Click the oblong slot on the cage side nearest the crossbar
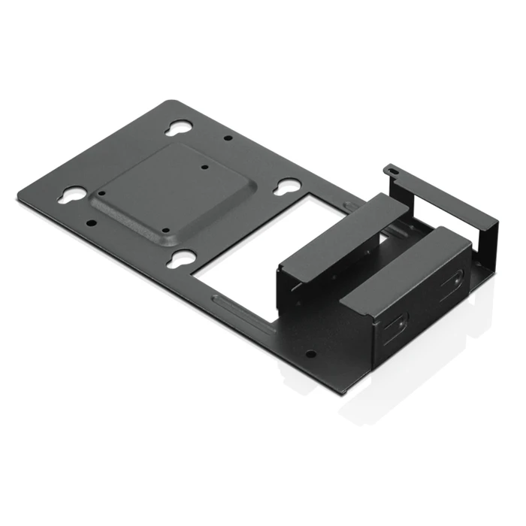pyautogui.click(x=453, y=282)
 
